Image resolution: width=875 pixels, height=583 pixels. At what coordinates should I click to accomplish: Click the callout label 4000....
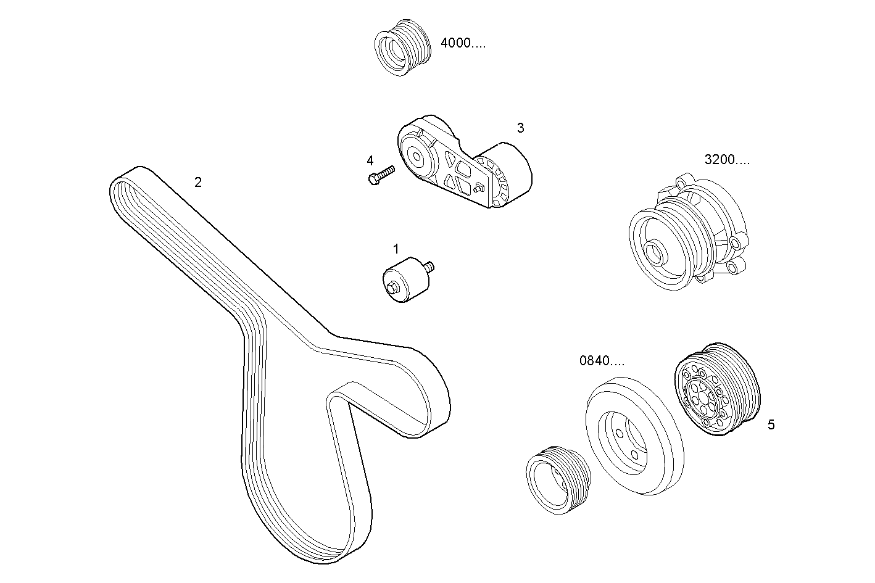(x=463, y=43)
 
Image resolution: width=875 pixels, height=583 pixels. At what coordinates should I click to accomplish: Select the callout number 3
(x=520, y=128)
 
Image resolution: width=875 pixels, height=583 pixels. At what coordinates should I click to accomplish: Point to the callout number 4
(x=370, y=160)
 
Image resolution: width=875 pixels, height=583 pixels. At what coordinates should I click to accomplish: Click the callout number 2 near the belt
(x=197, y=182)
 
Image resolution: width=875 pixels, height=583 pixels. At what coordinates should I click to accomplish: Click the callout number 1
(x=396, y=249)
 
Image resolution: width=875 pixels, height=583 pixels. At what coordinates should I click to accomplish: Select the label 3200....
(x=727, y=160)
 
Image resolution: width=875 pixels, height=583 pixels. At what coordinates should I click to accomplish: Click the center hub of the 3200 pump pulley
(x=654, y=253)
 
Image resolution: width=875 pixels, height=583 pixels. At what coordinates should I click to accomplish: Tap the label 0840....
(x=602, y=361)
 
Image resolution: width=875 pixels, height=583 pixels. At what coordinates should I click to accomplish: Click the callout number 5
(x=771, y=424)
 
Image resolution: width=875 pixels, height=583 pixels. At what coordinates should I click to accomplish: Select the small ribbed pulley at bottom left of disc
(x=557, y=479)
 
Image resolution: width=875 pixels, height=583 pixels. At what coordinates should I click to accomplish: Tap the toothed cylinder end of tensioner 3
(x=509, y=176)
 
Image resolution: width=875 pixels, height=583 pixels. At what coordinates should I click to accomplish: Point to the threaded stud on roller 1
(x=429, y=266)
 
